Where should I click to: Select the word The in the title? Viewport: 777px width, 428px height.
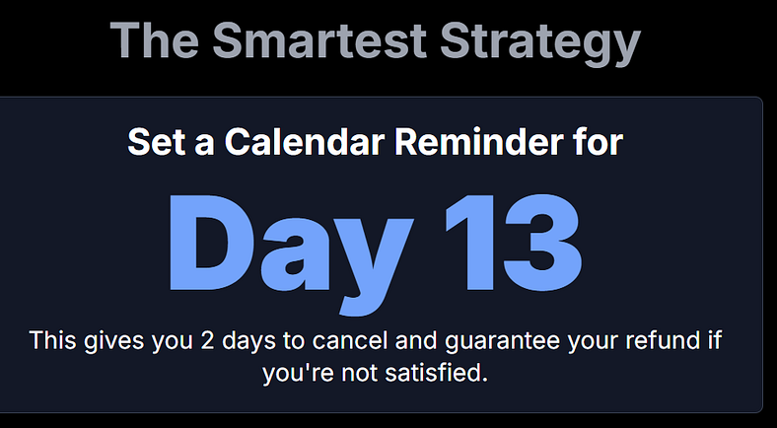(x=153, y=40)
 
